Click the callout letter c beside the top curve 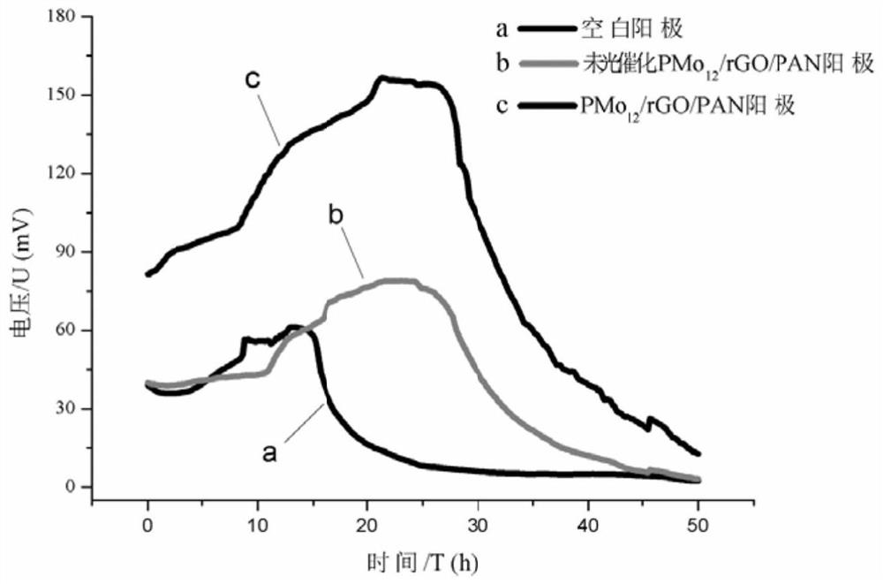point(252,80)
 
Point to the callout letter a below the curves point(272,453)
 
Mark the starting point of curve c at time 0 point(147,275)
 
